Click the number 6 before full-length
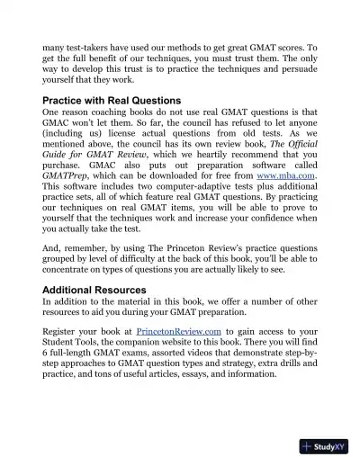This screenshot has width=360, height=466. click(x=46, y=357)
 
